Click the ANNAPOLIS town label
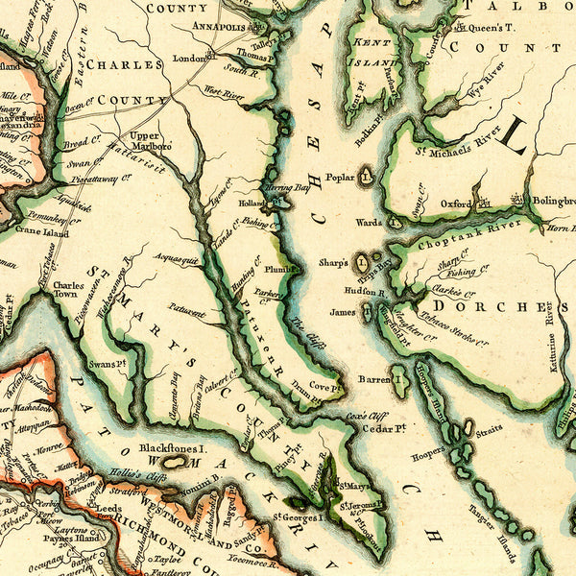[x=219, y=26]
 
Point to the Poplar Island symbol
[x=365, y=177]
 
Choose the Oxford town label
[x=457, y=204]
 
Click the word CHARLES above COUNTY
[x=124, y=65]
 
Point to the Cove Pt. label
[x=324, y=387]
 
